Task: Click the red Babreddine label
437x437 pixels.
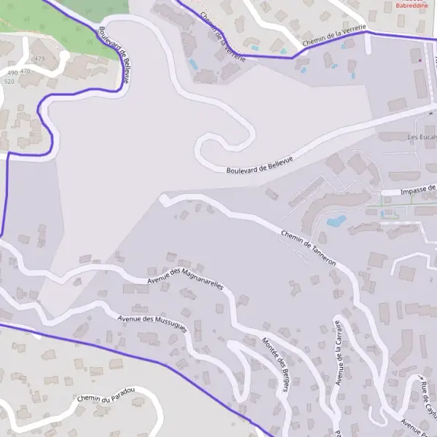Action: click(x=412, y=5)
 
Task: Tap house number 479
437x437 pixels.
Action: click(x=39, y=59)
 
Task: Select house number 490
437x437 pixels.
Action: click(x=12, y=73)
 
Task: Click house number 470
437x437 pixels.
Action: click(x=26, y=71)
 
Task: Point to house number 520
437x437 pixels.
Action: click(x=9, y=82)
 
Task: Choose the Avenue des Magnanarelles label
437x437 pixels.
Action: click(x=184, y=276)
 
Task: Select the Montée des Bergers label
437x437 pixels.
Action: click(x=275, y=365)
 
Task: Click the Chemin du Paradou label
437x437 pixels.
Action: click(x=106, y=395)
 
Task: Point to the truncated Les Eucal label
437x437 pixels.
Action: click(x=421, y=137)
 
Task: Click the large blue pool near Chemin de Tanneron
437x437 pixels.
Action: click(x=336, y=221)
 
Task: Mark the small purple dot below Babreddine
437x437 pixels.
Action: click(x=420, y=60)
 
